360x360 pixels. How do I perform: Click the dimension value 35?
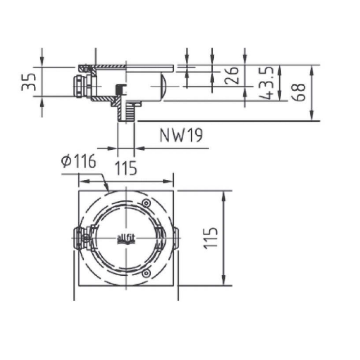tap(29, 82)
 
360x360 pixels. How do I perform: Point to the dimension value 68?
tap(298, 93)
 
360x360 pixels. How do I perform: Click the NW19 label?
tap(181, 135)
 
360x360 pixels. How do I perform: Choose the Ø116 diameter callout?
tap(78, 161)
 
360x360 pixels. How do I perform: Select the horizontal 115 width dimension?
tap(126, 168)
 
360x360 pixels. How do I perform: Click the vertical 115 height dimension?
tap(210, 238)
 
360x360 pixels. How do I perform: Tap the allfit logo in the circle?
tap(126, 239)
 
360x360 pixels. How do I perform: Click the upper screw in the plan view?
tap(146, 203)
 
